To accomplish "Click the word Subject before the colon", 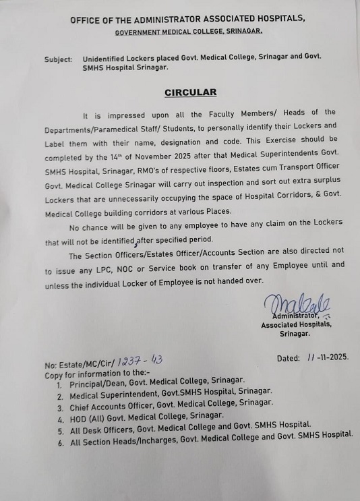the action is click(x=58, y=59).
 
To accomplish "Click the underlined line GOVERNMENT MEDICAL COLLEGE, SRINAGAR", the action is click(x=188, y=32).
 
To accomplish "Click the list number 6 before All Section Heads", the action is click(x=60, y=443).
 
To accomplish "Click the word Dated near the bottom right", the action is click(x=291, y=358).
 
